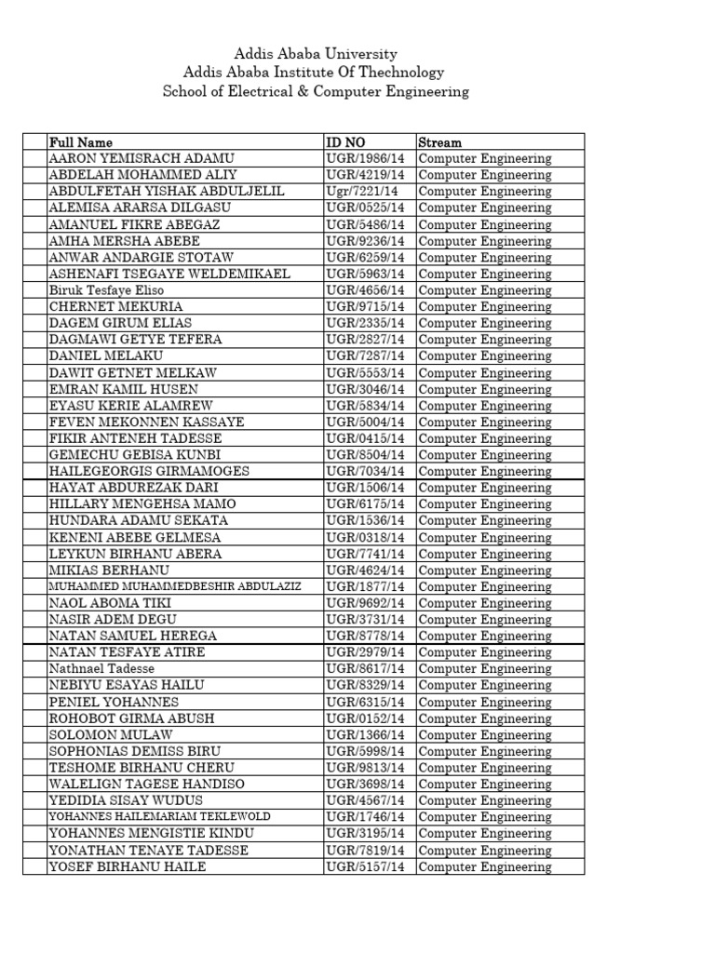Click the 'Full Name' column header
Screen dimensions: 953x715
click(81, 142)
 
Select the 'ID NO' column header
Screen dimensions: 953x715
click(345, 142)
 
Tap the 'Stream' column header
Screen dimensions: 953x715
click(439, 142)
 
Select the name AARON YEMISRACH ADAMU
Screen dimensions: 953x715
click(142, 159)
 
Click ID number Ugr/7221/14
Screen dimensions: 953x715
click(365, 192)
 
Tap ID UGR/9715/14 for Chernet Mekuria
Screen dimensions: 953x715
click(366, 307)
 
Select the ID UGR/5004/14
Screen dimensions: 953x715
click(366, 422)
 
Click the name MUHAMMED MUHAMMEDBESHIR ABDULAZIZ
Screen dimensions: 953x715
click(174, 586)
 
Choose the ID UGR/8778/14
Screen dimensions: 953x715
click(366, 636)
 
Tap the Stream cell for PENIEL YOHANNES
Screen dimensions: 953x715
click(485, 702)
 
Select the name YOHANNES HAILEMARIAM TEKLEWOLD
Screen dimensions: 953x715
click(160, 816)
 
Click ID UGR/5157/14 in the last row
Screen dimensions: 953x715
click(366, 866)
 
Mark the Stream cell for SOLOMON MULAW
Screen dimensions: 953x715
click(485, 734)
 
